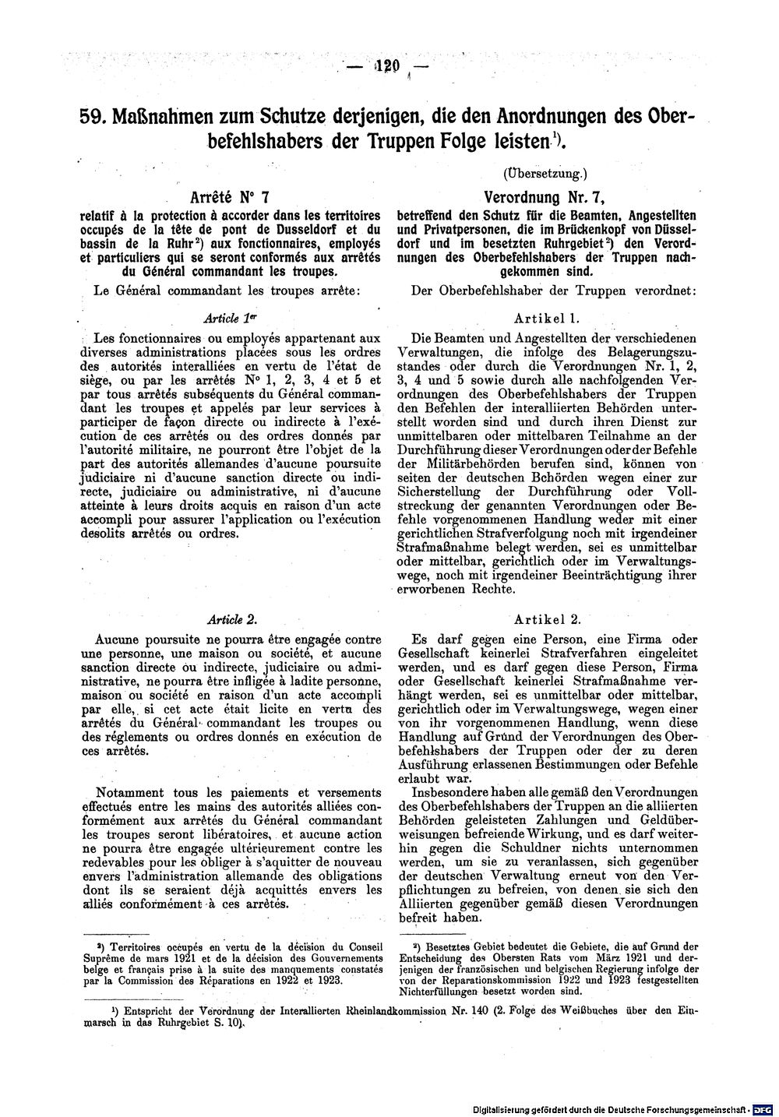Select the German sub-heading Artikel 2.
click(x=548, y=618)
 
